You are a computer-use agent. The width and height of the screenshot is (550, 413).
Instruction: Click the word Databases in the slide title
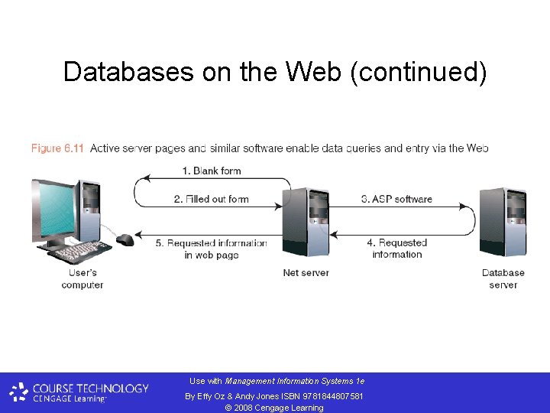click(x=128, y=72)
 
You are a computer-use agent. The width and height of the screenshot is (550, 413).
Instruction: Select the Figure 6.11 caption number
click(x=58, y=148)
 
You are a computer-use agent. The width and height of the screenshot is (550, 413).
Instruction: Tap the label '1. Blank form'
click(x=212, y=171)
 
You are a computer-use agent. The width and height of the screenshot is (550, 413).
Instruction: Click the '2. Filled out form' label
click(x=212, y=200)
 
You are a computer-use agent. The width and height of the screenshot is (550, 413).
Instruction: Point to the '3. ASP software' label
click(x=396, y=200)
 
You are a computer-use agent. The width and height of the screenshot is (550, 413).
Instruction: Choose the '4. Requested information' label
click(x=396, y=249)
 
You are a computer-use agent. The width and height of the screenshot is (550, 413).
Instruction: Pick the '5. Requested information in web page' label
click(x=212, y=249)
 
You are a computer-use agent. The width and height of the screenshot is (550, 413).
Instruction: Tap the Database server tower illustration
click(x=503, y=222)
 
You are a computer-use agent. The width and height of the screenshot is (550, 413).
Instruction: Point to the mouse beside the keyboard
click(x=125, y=240)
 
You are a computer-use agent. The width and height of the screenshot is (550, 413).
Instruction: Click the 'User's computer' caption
click(x=82, y=279)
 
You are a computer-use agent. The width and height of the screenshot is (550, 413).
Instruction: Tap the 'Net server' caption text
click(x=306, y=273)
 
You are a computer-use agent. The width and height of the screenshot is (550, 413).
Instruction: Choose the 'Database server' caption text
click(x=503, y=279)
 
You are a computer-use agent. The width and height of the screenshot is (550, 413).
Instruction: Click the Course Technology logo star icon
click(x=19, y=393)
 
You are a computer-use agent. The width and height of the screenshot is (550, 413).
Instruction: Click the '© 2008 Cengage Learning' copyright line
click(x=274, y=408)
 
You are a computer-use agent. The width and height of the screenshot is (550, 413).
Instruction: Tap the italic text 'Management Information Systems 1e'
click(x=295, y=381)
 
